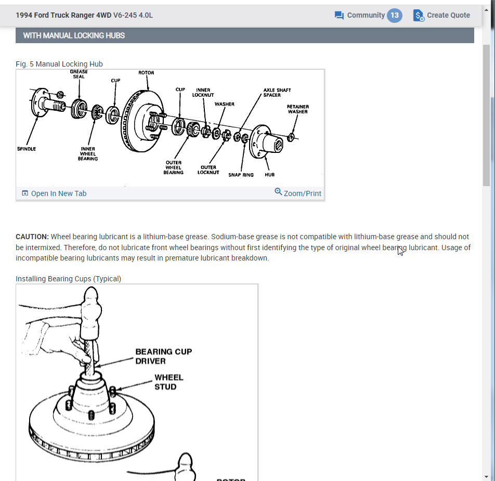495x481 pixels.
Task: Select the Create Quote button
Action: pos(441,15)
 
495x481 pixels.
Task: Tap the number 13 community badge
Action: pos(395,15)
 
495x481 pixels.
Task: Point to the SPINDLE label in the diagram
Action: pos(27,149)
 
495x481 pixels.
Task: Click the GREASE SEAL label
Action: pos(79,74)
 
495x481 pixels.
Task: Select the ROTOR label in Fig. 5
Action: pos(146,73)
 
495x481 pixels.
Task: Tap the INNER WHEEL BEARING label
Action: pos(88,153)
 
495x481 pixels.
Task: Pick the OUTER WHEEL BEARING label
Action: pos(174,167)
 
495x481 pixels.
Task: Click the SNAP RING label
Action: pos(241,175)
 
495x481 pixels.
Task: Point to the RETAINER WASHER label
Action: pos(297,109)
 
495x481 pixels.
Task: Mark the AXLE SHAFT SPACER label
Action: pos(277,93)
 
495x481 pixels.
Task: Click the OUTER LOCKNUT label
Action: pos(208,170)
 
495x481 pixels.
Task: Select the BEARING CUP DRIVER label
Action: pos(163,356)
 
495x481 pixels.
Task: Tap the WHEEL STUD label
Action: pos(168,382)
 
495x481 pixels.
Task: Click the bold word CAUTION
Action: pos(32,237)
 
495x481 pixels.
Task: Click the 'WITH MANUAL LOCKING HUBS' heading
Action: pos(74,35)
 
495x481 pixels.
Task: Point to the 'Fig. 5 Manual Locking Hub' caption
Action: pos(59,64)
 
